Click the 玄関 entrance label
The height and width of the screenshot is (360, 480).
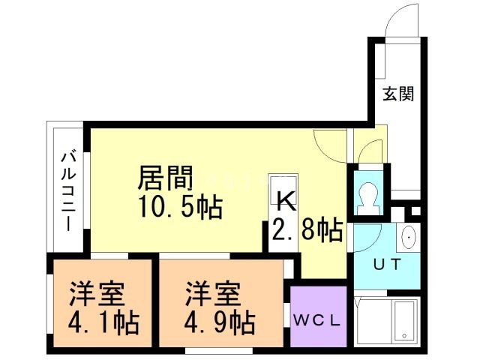click(x=398, y=94)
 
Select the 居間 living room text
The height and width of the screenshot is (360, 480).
click(x=166, y=178)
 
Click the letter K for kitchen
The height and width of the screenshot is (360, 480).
click(x=286, y=200)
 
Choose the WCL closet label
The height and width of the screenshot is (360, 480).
click(x=317, y=319)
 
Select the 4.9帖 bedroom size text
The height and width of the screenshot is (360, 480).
click(x=220, y=322)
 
